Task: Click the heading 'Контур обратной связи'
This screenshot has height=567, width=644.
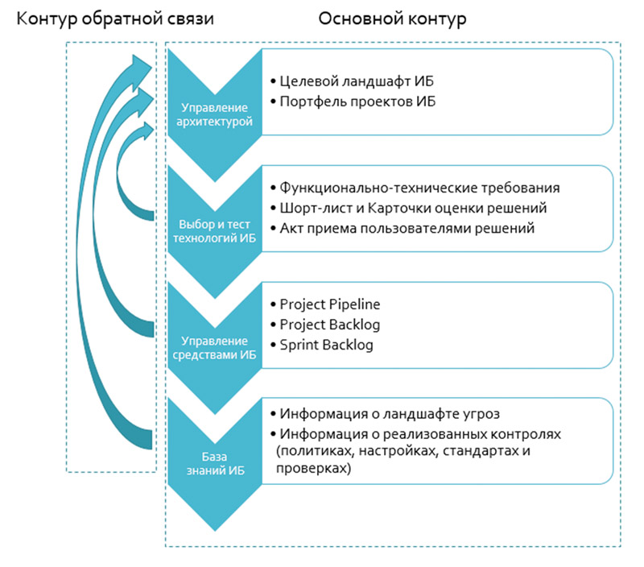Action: click(x=115, y=19)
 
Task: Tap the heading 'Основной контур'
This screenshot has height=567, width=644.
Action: click(x=392, y=19)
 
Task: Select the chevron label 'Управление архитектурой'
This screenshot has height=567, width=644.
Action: click(x=214, y=114)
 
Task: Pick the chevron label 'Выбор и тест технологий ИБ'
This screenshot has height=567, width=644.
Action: click(x=214, y=231)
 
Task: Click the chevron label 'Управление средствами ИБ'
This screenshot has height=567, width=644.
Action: click(x=214, y=348)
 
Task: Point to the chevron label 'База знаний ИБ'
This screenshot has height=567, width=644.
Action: click(x=215, y=463)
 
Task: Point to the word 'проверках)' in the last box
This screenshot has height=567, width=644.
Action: click(x=314, y=469)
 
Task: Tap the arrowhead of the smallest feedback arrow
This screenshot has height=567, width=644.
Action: click(x=147, y=131)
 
